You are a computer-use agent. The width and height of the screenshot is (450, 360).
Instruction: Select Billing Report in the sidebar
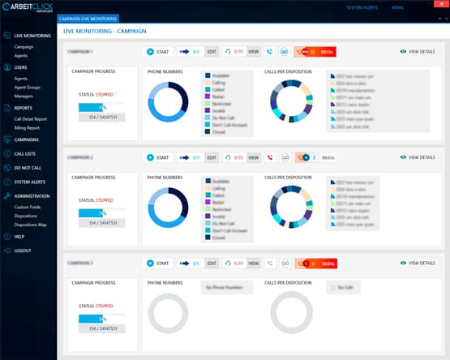(28, 127)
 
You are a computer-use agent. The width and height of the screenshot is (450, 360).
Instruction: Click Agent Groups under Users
(28, 88)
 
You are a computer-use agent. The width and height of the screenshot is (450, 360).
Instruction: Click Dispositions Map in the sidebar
(31, 224)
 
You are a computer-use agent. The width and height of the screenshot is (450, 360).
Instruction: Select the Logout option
(22, 251)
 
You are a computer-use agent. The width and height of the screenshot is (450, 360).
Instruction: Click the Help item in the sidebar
(19, 236)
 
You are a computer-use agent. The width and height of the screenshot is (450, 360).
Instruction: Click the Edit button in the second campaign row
(212, 157)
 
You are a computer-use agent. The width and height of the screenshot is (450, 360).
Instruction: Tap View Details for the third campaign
(418, 264)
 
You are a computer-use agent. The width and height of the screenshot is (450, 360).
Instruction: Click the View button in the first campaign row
(253, 52)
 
